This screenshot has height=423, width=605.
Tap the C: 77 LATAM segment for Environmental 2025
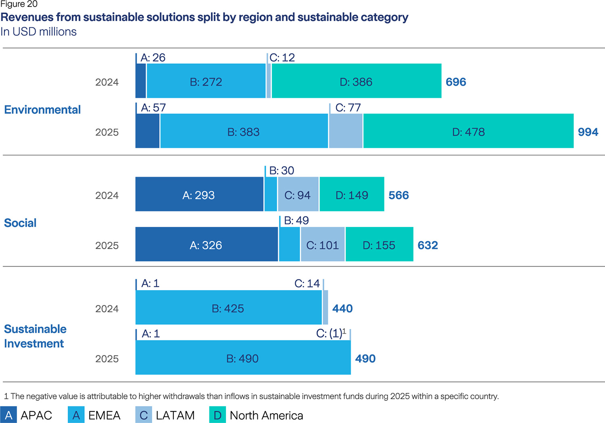pyautogui.click(x=346, y=131)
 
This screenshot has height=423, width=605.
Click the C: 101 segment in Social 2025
pyautogui.click(x=323, y=244)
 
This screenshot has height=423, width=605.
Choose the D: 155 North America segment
pyautogui.click(x=379, y=244)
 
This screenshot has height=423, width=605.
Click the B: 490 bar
pyautogui.click(x=243, y=358)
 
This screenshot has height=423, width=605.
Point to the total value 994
pyautogui.click(x=588, y=132)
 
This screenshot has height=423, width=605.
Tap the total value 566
pyautogui.click(x=398, y=195)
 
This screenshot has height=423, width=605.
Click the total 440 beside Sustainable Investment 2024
pyautogui.click(x=342, y=308)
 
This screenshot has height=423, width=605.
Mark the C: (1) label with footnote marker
pyautogui.click(x=331, y=333)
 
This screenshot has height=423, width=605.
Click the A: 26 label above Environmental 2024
pyautogui.click(x=153, y=58)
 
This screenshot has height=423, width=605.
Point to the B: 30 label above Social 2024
pyautogui.click(x=282, y=171)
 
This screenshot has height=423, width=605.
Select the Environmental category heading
pyautogui.click(x=42, y=110)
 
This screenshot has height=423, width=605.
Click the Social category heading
pyautogui.click(x=20, y=223)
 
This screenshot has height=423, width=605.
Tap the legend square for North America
pyautogui.click(x=217, y=415)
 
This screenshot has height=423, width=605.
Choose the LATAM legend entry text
pyautogui.click(x=175, y=415)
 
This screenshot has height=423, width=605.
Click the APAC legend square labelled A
pyautogui.click(x=8, y=415)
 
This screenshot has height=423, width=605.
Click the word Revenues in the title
pyautogui.click(x=27, y=17)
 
